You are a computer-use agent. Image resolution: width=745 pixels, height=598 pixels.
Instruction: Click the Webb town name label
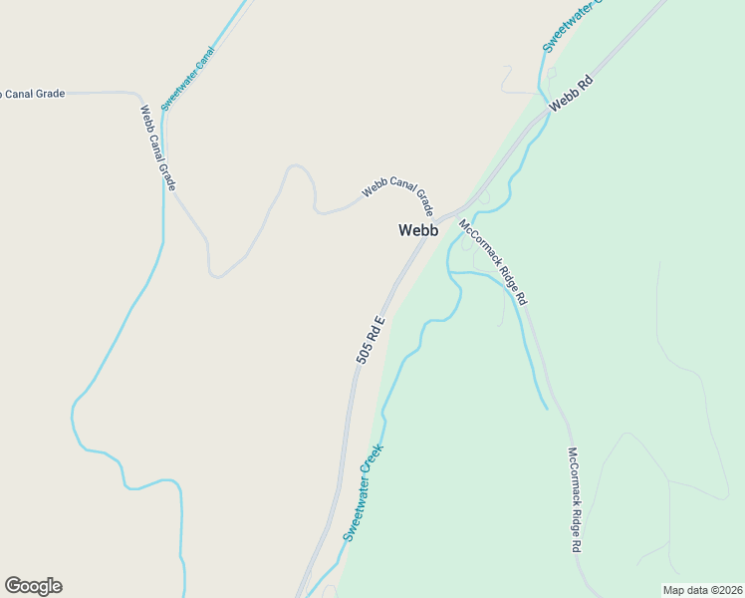tap(418, 230)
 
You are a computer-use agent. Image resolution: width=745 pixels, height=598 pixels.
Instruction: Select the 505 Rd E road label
tap(371, 340)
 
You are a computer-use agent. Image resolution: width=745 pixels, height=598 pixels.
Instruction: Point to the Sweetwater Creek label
tap(364, 491)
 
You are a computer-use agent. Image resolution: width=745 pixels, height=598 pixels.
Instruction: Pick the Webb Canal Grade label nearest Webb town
tap(396, 193)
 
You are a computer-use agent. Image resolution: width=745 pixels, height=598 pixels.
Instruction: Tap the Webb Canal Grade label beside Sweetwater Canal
tap(157, 148)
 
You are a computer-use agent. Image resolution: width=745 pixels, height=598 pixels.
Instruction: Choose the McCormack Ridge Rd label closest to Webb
tap(493, 261)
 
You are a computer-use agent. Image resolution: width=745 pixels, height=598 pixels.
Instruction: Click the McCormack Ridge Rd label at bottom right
tap(575, 500)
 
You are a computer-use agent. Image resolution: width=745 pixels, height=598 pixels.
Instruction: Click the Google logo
tap(33, 586)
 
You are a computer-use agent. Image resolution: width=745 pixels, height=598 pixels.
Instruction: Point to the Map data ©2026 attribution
tap(702, 589)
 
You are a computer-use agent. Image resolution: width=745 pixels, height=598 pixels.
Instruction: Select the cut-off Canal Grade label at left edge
tap(32, 94)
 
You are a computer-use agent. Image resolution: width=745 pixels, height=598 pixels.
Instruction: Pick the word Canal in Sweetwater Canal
tap(202, 60)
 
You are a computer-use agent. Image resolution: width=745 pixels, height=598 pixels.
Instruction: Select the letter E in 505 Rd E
tap(379, 321)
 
